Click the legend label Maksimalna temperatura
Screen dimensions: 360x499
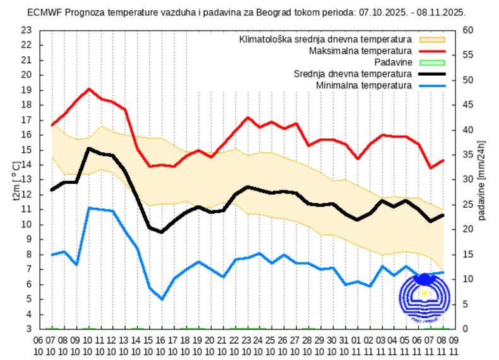coord(361,51)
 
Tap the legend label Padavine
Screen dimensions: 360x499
coord(393,62)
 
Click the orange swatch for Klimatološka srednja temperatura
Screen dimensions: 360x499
coord(431,39)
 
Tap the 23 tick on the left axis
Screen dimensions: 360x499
coord(26,30)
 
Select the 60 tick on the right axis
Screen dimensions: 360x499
coord(469,30)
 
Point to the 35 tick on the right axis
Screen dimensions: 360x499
coord(469,154)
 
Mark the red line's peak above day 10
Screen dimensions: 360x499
coord(89,89)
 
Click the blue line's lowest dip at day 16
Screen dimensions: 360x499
coord(162,299)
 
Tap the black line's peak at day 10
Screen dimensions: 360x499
coord(89,148)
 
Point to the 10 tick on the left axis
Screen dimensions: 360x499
coord(26,224)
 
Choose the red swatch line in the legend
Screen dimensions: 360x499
coord(431,51)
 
